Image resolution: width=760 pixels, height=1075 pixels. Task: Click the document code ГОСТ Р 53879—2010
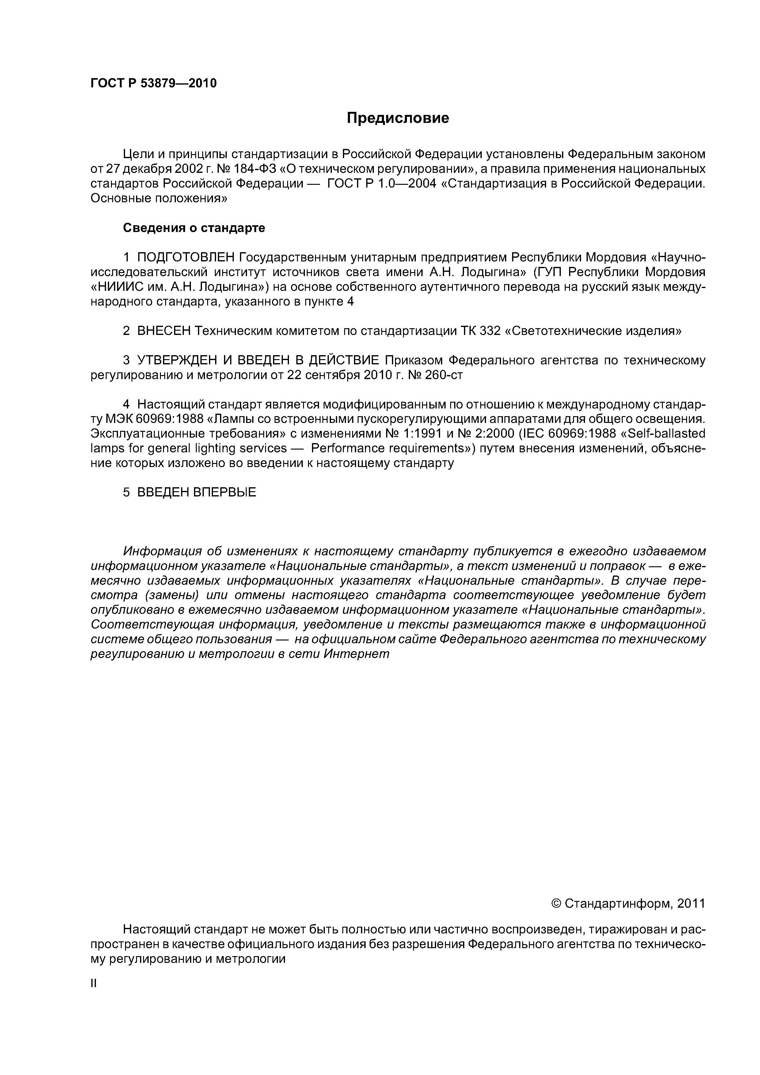(154, 83)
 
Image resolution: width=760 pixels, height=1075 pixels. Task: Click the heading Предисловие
(397, 118)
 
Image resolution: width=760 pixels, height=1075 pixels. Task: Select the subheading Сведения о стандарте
(194, 228)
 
